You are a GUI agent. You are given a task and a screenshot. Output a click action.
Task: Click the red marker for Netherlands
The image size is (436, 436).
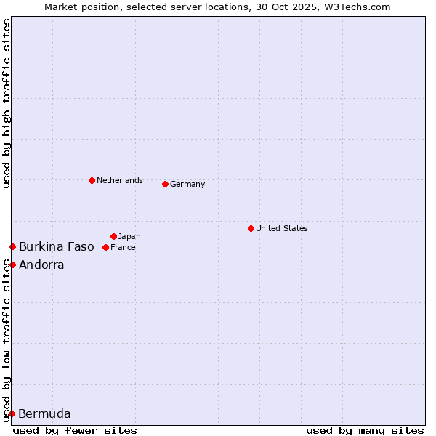click(92, 180)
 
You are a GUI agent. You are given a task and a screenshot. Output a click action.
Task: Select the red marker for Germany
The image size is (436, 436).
click(165, 184)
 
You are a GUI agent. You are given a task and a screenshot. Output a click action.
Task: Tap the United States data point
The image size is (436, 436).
click(251, 228)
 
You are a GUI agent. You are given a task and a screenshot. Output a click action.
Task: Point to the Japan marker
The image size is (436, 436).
click(113, 236)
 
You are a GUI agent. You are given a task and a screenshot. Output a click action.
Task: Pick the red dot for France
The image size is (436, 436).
click(105, 247)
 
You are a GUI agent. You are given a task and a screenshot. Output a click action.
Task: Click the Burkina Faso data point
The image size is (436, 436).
click(12, 247)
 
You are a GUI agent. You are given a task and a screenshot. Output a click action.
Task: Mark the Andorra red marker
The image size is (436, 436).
click(12, 265)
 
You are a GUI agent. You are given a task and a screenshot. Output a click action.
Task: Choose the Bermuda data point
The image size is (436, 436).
click(12, 414)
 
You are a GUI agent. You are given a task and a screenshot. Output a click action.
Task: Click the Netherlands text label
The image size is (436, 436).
click(120, 180)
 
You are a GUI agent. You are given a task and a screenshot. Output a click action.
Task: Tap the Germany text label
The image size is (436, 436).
click(187, 184)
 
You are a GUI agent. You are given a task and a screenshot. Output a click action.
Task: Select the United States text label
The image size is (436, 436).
click(282, 228)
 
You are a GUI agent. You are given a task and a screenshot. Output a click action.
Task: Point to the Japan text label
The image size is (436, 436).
click(129, 236)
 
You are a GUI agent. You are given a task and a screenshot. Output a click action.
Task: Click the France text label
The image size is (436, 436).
click(123, 247)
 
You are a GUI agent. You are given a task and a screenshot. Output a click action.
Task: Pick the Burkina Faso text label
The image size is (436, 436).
click(57, 247)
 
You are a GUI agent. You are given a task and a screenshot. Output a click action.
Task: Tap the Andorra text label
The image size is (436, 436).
click(41, 265)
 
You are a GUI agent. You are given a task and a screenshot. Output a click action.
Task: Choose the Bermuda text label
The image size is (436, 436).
click(44, 414)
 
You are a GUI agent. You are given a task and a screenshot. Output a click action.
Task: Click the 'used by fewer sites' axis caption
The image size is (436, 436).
click(75, 430)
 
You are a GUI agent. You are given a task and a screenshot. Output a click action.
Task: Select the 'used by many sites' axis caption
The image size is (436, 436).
click(365, 430)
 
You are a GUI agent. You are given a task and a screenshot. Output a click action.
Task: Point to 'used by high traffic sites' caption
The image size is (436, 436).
click(7, 103)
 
